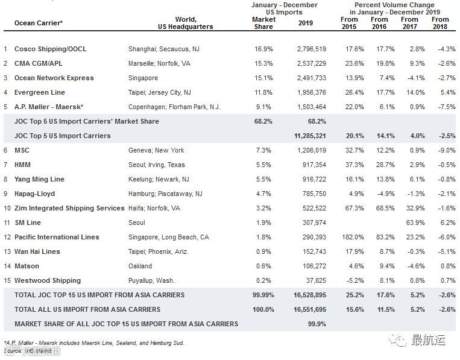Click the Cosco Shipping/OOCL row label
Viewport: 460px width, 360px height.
[x=50, y=49]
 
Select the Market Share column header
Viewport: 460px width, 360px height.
[x=263, y=23]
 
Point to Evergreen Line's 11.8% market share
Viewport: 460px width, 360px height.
[x=263, y=92]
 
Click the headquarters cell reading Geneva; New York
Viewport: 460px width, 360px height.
[x=156, y=150]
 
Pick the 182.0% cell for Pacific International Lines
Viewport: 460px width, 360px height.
[x=348, y=237]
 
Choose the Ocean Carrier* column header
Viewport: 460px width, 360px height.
[x=38, y=23]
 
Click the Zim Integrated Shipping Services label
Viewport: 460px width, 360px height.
[x=69, y=208]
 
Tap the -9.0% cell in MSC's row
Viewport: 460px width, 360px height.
[x=440, y=150]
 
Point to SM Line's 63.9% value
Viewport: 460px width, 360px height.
[x=410, y=223]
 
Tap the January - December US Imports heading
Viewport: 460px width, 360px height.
[x=285, y=9]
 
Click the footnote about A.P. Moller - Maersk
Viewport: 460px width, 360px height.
[x=93, y=343]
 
